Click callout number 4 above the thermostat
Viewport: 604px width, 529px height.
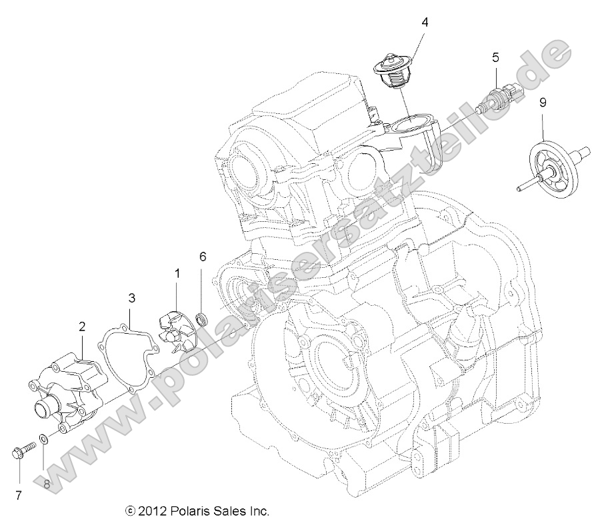tap(424, 22)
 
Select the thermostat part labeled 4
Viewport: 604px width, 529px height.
tap(393, 74)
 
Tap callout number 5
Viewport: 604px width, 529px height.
tap(495, 57)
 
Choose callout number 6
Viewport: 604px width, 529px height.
tap(203, 257)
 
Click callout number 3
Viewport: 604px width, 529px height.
tap(132, 297)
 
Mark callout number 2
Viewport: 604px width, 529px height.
tap(82, 326)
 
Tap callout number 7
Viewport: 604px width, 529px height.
tap(18, 494)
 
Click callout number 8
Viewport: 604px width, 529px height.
tap(47, 484)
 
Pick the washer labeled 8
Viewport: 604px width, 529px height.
tap(43, 439)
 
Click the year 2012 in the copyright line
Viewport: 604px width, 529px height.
tap(151, 511)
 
